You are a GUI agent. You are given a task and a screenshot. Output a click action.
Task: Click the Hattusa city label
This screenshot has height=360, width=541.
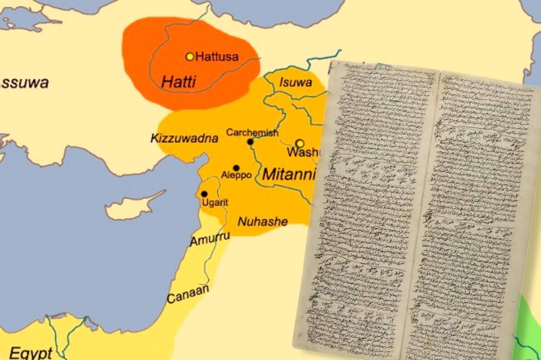click(x=217, y=57)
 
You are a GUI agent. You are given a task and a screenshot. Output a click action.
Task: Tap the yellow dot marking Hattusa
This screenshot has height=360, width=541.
click(x=190, y=57)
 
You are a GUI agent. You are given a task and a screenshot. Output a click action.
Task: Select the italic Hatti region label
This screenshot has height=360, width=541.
click(x=178, y=82)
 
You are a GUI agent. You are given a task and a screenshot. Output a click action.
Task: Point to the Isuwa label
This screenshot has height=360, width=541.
click(x=295, y=82)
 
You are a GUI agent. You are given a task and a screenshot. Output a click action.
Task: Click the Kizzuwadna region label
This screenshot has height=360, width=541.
click(x=184, y=138)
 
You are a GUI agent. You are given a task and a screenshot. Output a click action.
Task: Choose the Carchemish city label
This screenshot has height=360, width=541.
click(x=252, y=132)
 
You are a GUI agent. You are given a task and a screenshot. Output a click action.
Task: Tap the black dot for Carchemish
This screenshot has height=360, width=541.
click(x=250, y=142)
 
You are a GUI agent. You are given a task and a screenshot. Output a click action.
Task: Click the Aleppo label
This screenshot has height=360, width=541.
click(x=236, y=175)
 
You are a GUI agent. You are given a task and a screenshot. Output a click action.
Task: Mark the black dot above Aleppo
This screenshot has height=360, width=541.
click(x=236, y=168)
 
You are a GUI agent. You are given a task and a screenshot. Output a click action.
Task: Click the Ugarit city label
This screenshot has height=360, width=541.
click(x=215, y=203)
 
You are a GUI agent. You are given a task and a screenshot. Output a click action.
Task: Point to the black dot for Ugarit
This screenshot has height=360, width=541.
click(x=204, y=194)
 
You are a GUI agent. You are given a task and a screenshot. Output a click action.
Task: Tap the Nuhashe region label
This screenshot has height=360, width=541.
click(x=263, y=221)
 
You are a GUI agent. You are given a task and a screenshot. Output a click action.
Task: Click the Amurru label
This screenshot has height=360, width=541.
click(x=210, y=239)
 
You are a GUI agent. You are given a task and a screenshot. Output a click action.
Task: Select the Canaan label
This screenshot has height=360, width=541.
click(x=187, y=293)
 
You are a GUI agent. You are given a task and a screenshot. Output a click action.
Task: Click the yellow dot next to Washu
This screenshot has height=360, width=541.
click(x=300, y=143)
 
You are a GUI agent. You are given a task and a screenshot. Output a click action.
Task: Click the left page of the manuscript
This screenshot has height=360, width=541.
click(x=368, y=209)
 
